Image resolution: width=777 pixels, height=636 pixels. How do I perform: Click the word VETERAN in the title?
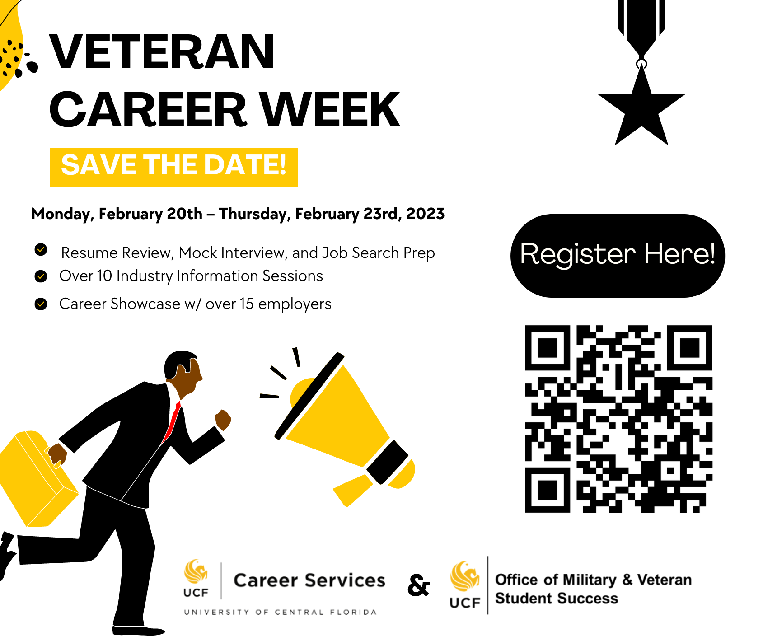[x=161, y=52]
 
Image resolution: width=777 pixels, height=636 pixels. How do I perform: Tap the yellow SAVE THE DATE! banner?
[x=173, y=167]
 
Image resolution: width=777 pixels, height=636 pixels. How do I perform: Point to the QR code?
[x=618, y=419]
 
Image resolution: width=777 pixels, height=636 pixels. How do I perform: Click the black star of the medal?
[x=641, y=108]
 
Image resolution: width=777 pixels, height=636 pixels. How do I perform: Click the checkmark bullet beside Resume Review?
[x=41, y=249]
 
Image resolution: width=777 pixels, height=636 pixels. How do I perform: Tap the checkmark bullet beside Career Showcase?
[x=41, y=304]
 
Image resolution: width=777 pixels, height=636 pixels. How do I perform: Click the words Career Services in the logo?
[x=309, y=580]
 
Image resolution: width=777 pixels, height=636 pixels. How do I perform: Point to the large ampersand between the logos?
[x=418, y=585]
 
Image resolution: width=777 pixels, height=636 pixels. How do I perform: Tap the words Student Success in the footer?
[x=557, y=599]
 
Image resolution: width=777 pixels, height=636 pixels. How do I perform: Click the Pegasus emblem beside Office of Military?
[x=465, y=576]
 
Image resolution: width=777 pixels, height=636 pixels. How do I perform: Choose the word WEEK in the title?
[x=330, y=110]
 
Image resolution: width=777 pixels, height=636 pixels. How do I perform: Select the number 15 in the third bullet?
[x=247, y=304]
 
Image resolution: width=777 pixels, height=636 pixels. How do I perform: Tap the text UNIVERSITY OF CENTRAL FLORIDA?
[x=280, y=612]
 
